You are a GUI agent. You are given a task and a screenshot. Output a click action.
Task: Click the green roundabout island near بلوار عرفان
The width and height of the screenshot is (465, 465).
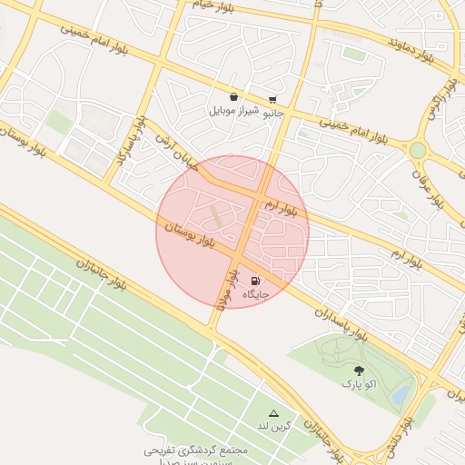click(418, 150)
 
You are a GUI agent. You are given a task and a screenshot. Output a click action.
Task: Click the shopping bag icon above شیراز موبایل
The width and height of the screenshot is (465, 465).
click(234, 96)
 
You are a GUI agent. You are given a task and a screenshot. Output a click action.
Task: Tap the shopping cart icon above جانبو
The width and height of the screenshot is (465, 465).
click(272, 100)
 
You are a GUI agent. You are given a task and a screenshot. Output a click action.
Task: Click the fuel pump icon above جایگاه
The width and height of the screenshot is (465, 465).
click(255, 281)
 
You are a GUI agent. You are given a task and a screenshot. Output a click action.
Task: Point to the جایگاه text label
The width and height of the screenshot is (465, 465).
click(256, 295)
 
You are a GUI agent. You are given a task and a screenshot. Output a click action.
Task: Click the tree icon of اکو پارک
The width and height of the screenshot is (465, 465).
click(359, 370)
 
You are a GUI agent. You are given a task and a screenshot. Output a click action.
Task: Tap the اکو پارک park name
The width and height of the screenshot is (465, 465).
click(359, 384)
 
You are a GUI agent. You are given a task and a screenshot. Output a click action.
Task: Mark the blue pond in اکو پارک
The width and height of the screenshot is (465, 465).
click(399, 394)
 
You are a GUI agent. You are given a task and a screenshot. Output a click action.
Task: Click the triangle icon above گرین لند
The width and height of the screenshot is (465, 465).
click(273, 412)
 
